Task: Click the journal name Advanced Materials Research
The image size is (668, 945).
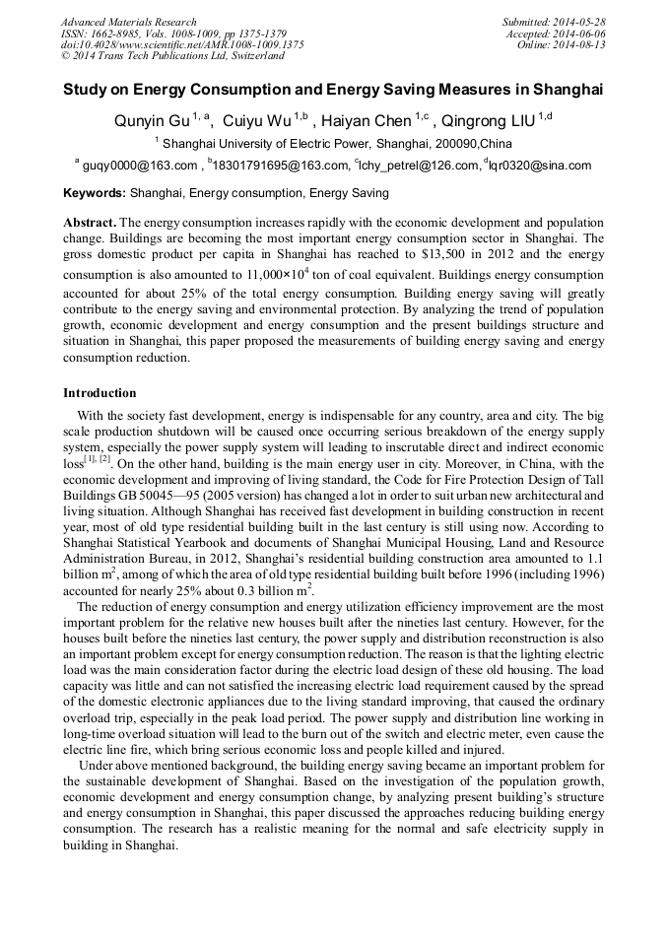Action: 128,22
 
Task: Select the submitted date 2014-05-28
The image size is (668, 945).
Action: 582,22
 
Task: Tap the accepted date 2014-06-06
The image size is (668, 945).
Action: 582,33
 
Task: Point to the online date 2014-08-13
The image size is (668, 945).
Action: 582,44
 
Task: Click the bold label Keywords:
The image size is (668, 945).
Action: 95,193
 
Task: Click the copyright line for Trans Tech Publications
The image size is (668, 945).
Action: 172,56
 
